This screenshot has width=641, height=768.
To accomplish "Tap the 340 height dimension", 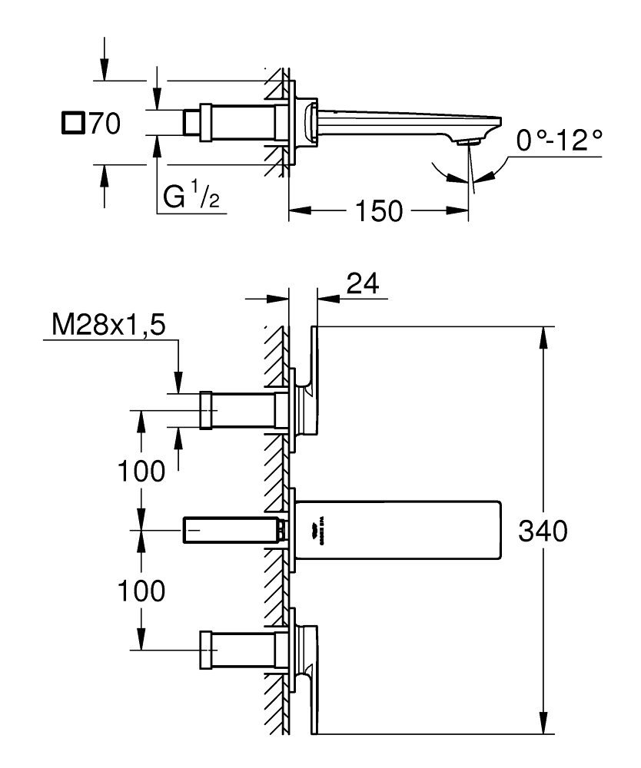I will click(x=543, y=531).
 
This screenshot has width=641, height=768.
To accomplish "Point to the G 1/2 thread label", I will click(x=188, y=199).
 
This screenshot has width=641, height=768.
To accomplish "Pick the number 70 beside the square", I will click(x=105, y=124).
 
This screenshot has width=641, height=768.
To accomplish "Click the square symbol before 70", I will click(x=72, y=123).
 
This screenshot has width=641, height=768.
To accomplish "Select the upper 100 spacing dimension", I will click(x=141, y=471).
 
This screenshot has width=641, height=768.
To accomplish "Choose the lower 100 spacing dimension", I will click(x=141, y=591).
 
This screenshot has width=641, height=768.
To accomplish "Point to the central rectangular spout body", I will click(x=400, y=531).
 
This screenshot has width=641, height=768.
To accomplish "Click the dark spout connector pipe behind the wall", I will click(x=231, y=530).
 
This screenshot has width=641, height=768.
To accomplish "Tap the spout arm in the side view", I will click(x=400, y=119).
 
